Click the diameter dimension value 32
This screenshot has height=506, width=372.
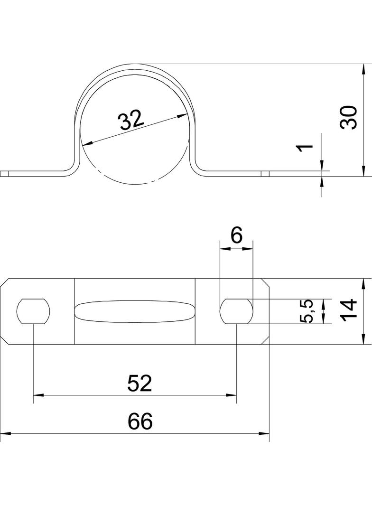pos(131,120)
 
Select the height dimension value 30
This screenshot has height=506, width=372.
pos(349,117)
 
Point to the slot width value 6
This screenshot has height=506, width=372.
pos(236,236)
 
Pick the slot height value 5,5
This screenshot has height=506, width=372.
pos(306,311)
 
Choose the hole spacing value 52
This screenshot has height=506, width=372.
pos(139,383)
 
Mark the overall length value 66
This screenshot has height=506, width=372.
pos(139,421)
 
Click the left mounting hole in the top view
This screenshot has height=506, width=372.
pos(34,311)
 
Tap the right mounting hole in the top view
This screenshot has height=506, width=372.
pos(236,311)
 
